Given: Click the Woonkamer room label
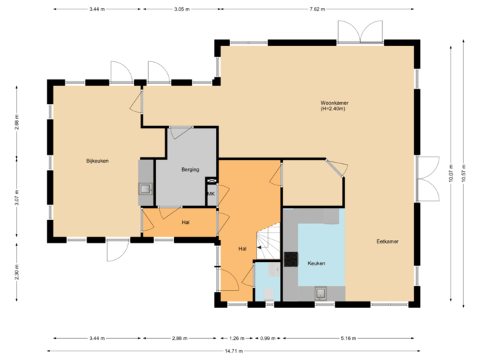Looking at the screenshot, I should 335,103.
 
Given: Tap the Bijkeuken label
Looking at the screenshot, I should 97,161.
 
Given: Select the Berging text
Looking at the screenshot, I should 191,170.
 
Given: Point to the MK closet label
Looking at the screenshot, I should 211,194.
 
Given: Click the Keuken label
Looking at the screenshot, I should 316,263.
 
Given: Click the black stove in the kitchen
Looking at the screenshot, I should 291,259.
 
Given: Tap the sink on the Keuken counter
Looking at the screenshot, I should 321,291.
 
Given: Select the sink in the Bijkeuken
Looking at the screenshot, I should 146,189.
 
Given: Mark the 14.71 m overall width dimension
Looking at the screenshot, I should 234,350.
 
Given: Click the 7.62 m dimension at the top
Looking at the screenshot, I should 316,9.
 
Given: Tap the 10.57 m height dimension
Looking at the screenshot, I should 462,175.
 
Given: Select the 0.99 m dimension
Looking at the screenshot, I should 264,338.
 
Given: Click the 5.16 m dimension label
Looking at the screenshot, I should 348,338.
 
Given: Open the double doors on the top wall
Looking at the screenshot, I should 360,32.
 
